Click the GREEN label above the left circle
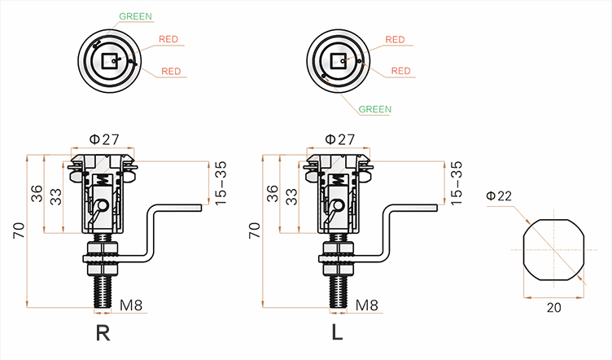click(x=135, y=16)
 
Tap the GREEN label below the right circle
click(x=375, y=109)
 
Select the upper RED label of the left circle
click(x=168, y=39)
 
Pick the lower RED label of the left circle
click(x=171, y=72)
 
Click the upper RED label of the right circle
click(x=395, y=39)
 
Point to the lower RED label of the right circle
click(x=400, y=72)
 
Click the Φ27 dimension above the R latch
click(x=106, y=138)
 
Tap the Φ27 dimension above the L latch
click(x=339, y=138)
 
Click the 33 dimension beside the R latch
click(x=55, y=198)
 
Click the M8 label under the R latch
click(x=133, y=306)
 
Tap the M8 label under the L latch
click(x=367, y=306)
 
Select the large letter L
click(x=336, y=334)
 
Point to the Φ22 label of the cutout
click(x=498, y=196)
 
